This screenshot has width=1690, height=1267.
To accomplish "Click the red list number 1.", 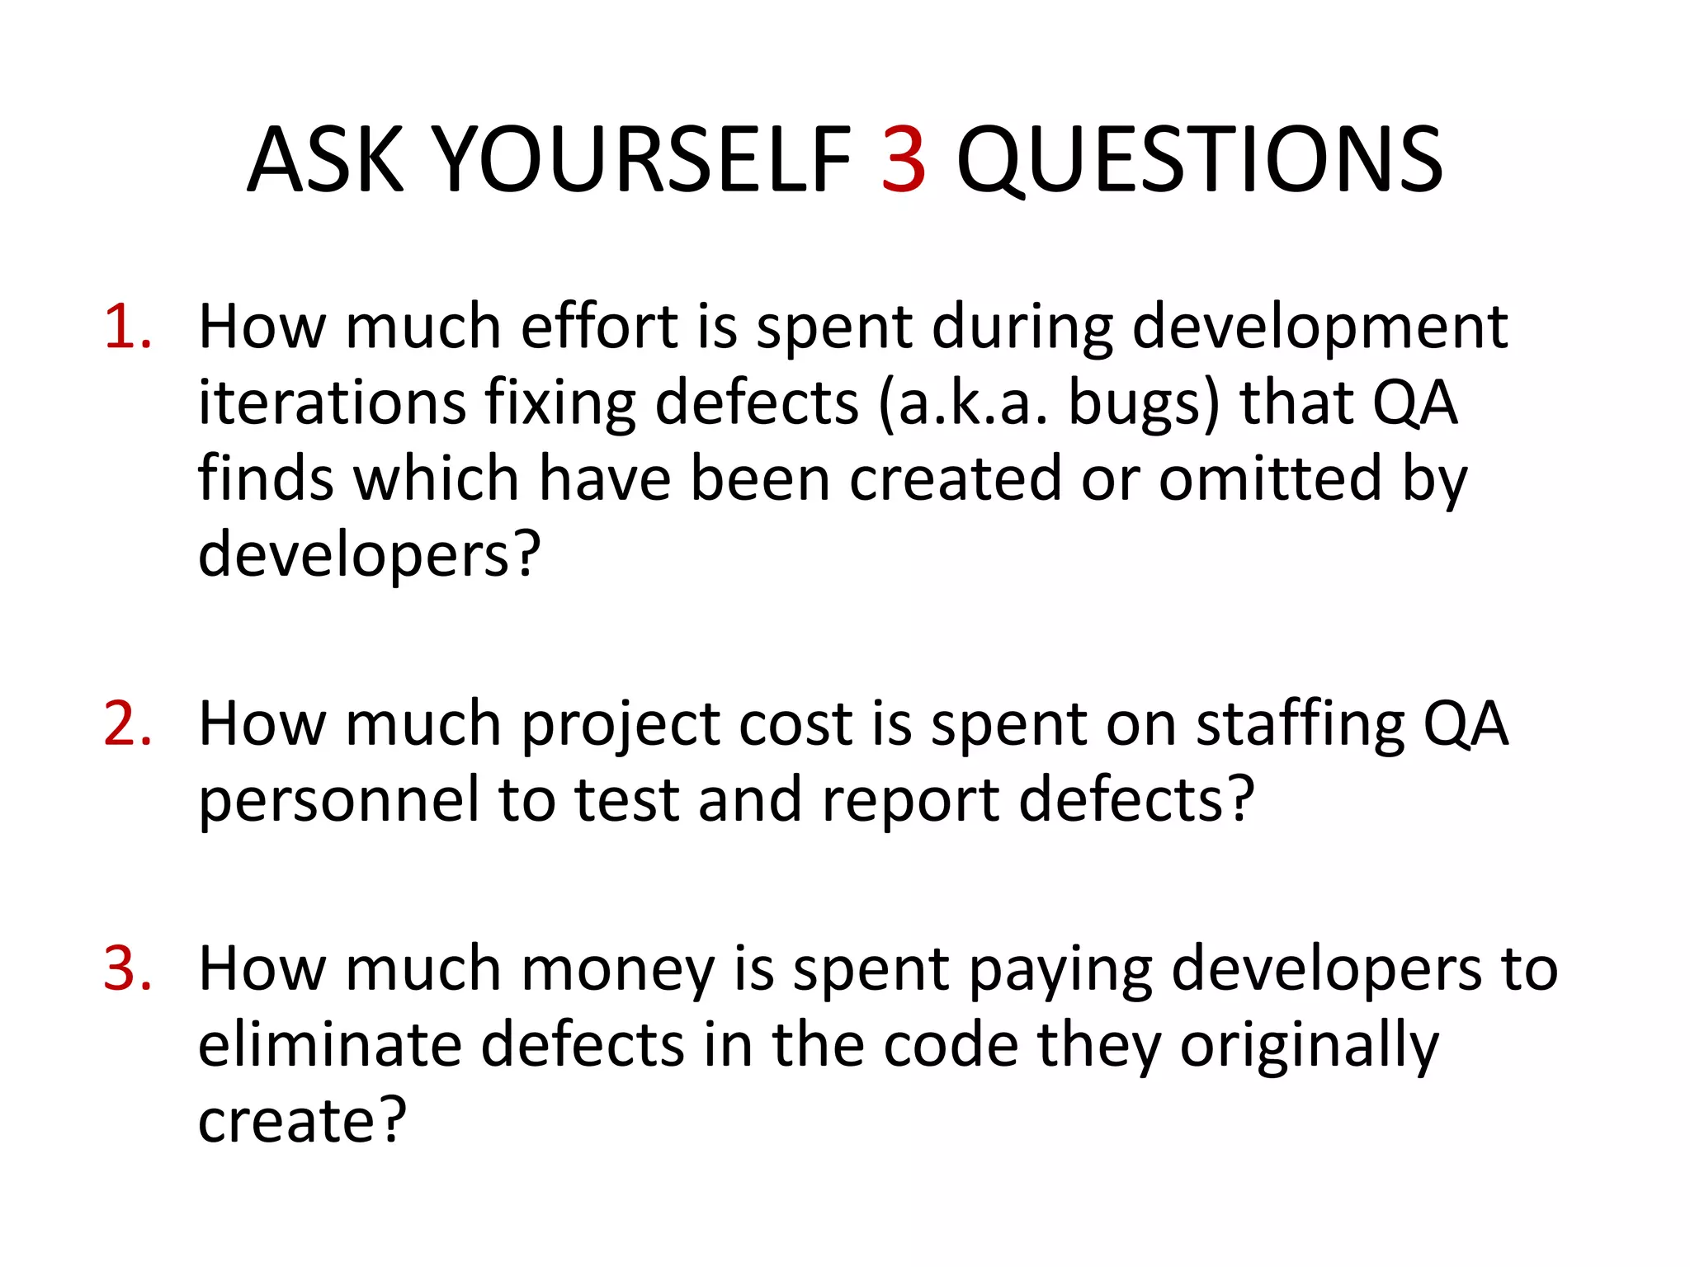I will coord(128,327).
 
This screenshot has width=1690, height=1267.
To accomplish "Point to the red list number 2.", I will coord(128,724).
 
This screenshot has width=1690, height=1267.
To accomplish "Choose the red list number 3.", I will coord(128,968).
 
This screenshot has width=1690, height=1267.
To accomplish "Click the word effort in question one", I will coord(599,327).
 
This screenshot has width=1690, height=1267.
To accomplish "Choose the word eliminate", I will coord(329,1045).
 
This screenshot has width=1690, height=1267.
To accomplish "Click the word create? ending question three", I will coord(302,1122).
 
